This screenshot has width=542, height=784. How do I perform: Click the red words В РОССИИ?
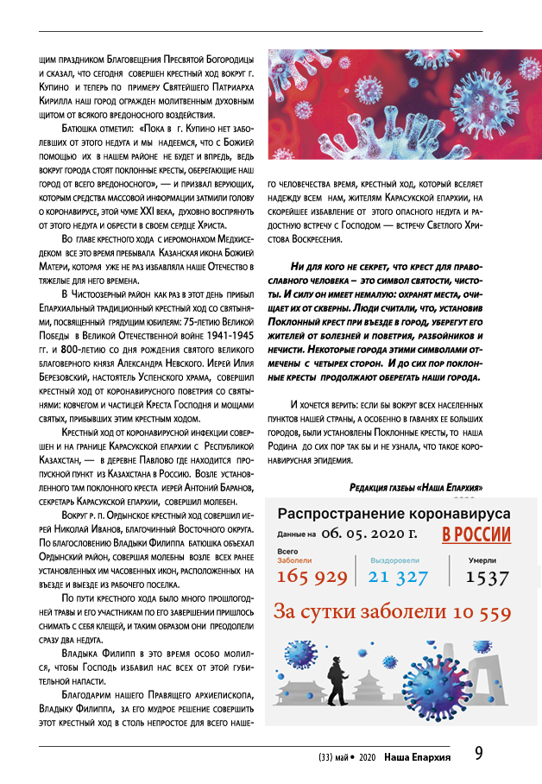(476, 534)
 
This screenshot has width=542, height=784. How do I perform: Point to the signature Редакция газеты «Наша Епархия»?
(422, 487)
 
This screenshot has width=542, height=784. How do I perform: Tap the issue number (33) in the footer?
(327, 757)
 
